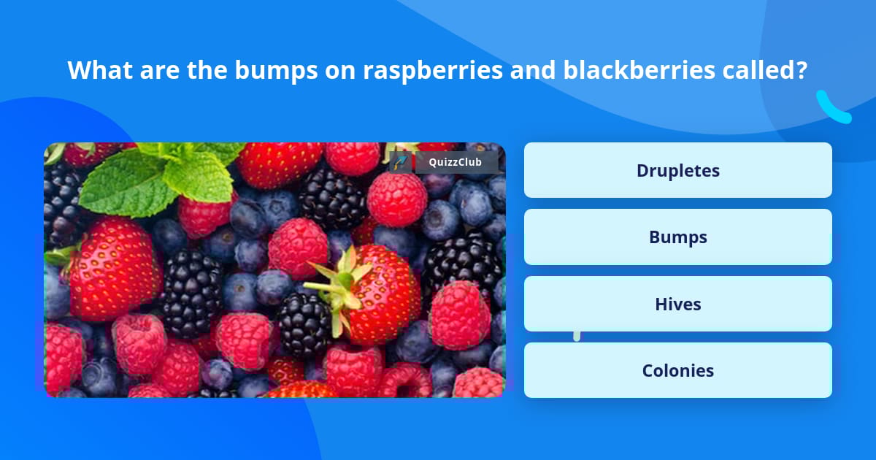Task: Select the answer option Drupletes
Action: [677, 170]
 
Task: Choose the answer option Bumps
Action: [677, 237]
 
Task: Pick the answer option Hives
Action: [677, 304]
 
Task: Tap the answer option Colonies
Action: [677, 370]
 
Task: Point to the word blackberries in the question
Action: [639, 70]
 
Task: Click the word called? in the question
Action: [764, 70]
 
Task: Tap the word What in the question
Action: [100, 70]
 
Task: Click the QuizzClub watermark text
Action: [455, 162]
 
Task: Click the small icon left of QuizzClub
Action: [400, 162]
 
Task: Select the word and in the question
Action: [533, 70]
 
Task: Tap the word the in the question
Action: [207, 70]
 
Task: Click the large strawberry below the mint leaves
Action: [116, 270]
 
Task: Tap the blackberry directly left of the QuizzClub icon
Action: [333, 199]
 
